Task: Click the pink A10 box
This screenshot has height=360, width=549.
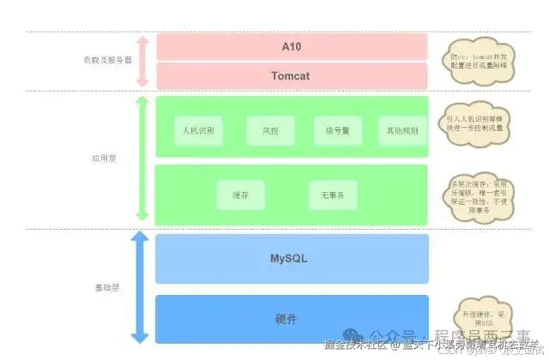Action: (x=292, y=45)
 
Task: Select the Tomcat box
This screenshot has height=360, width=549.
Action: (x=292, y=75)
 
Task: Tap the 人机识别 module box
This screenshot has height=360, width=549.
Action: (x=198, y=131)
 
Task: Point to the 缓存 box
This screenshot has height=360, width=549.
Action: (x=239, y=195)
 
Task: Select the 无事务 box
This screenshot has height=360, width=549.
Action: (x=332, y=195)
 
